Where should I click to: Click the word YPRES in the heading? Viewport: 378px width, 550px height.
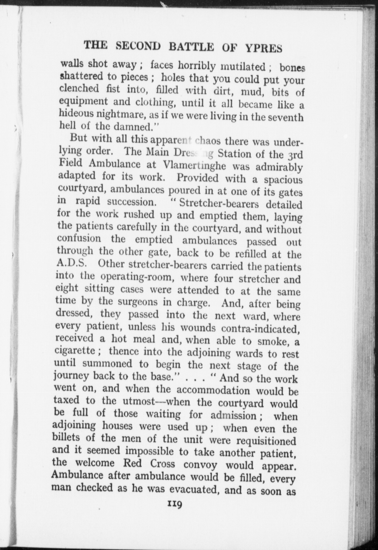click(264, 49)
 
